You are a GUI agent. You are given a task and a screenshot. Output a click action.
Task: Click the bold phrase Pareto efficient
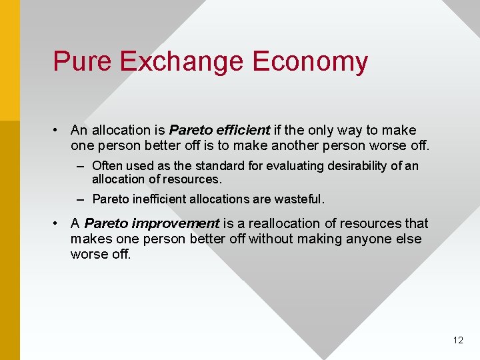coord(220,130)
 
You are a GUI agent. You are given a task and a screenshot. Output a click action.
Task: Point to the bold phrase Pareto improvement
coord(152,223)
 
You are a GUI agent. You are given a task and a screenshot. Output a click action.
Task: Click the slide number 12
coord(458,340)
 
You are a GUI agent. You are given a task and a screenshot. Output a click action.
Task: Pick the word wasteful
coord(301,199)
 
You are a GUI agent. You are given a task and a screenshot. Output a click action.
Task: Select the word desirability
coord(346,165)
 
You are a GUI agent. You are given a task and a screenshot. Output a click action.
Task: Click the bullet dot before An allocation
coord(59,130)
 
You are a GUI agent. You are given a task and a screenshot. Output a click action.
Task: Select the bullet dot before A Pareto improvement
coord(59,223)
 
